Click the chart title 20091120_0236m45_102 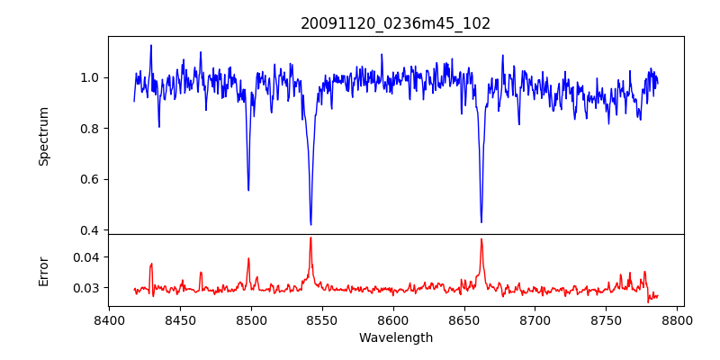pos(395,23)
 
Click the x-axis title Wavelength pos(395,338)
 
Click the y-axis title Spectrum pos(43,136)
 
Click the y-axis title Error pos(43,271)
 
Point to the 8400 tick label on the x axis pos(109,319)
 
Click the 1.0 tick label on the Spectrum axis pos(89,77)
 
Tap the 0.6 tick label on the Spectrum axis pos(89,179)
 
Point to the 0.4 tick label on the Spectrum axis pos(89,230)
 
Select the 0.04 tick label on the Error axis pos(85,256)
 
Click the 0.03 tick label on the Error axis pos(85,288)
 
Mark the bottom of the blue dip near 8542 pos(310,224)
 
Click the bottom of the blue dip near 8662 pos(481,222)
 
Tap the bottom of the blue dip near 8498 pos(248,190)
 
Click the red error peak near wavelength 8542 pos(310,238)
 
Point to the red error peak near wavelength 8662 pos(481,239)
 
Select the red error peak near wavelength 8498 pos(248,258)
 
